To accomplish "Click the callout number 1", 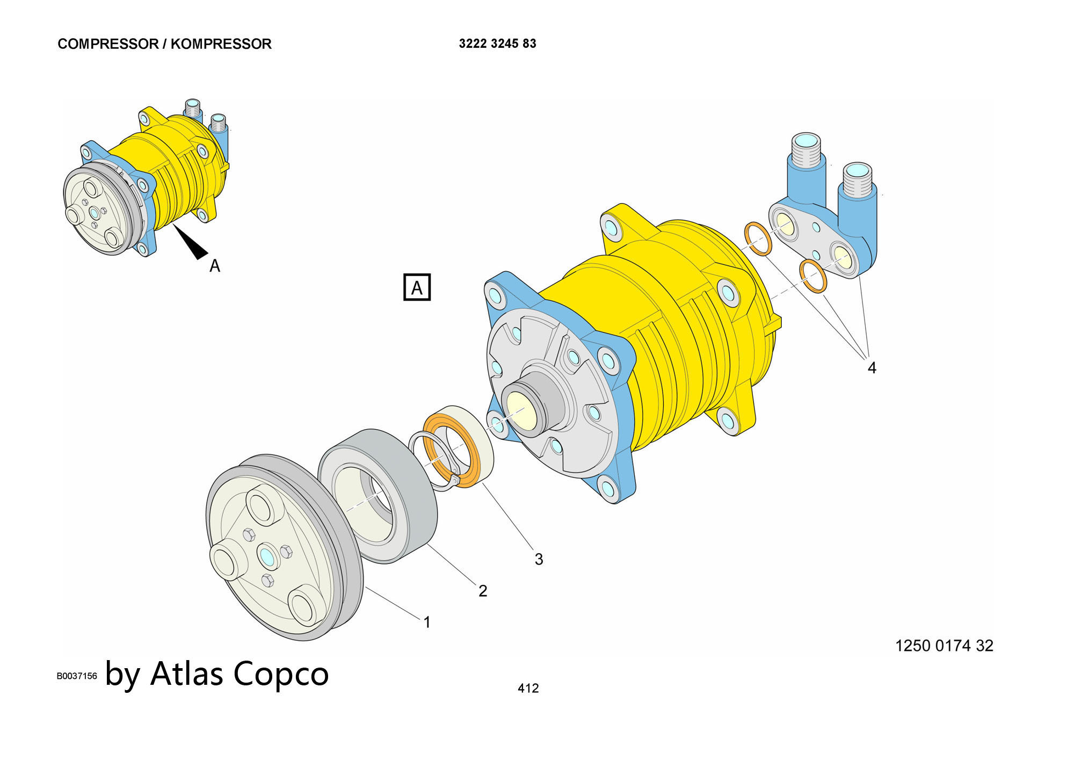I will coord(427,623).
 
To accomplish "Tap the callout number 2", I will coord(483,591).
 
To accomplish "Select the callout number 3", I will coord(539,559).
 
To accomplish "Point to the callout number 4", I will coord(872,368).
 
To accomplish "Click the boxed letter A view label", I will coord(417,288).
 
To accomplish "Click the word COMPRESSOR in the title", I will coord(107,44).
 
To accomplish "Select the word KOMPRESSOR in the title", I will coord(221,44).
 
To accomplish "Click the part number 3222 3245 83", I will coord(497,44).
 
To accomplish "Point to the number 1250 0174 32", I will coord(944,646).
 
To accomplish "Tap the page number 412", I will coord(528,688).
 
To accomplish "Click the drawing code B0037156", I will coord(77,676).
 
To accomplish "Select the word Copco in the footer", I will coord(281,674).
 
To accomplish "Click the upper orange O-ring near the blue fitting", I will coord(758,239).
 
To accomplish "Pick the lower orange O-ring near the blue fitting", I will coord(813,276).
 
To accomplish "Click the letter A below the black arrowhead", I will coord(215,266).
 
